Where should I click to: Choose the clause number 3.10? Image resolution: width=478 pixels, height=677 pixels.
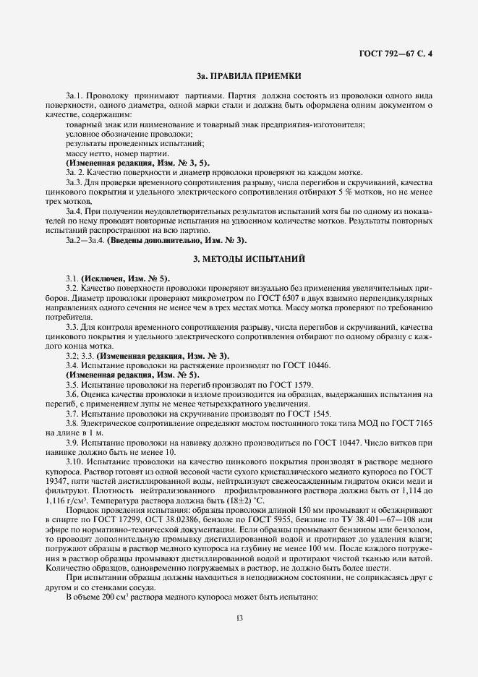tap(74, 460)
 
